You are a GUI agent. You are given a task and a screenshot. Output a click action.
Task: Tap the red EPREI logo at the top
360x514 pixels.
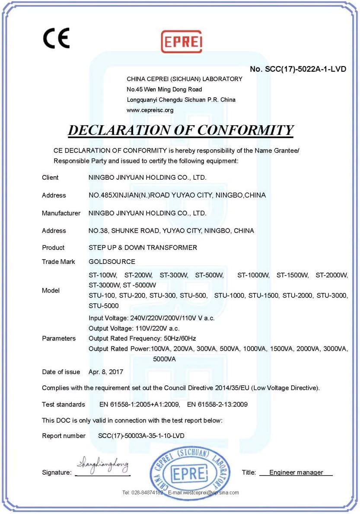[182, 41]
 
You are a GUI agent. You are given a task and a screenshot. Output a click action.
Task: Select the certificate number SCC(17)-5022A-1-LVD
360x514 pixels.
[298, 69]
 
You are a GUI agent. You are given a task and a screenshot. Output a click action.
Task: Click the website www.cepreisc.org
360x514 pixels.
[150, 110]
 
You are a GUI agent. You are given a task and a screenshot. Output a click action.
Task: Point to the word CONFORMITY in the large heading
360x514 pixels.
[242, 130]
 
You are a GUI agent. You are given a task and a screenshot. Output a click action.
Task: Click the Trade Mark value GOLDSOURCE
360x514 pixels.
[112, 262]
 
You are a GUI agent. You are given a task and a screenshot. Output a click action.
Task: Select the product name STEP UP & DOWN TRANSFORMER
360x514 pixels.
[143, 247]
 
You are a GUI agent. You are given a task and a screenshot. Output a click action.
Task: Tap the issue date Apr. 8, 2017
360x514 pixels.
[106, 372]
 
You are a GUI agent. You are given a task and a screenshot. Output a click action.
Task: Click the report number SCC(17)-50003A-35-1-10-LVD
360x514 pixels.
[138, 436]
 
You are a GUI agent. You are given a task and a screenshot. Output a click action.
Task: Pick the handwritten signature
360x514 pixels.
[102, 466]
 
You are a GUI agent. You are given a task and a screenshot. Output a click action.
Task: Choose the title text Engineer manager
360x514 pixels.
[296, 473]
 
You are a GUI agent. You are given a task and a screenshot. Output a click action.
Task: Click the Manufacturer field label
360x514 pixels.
[61, 213]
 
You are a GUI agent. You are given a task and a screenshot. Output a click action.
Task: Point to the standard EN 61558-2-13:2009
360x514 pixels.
[217, 405]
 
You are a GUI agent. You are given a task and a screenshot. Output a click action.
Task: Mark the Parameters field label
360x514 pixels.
[59, 338]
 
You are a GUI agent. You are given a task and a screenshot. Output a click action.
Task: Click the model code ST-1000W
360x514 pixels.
[253, 275]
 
